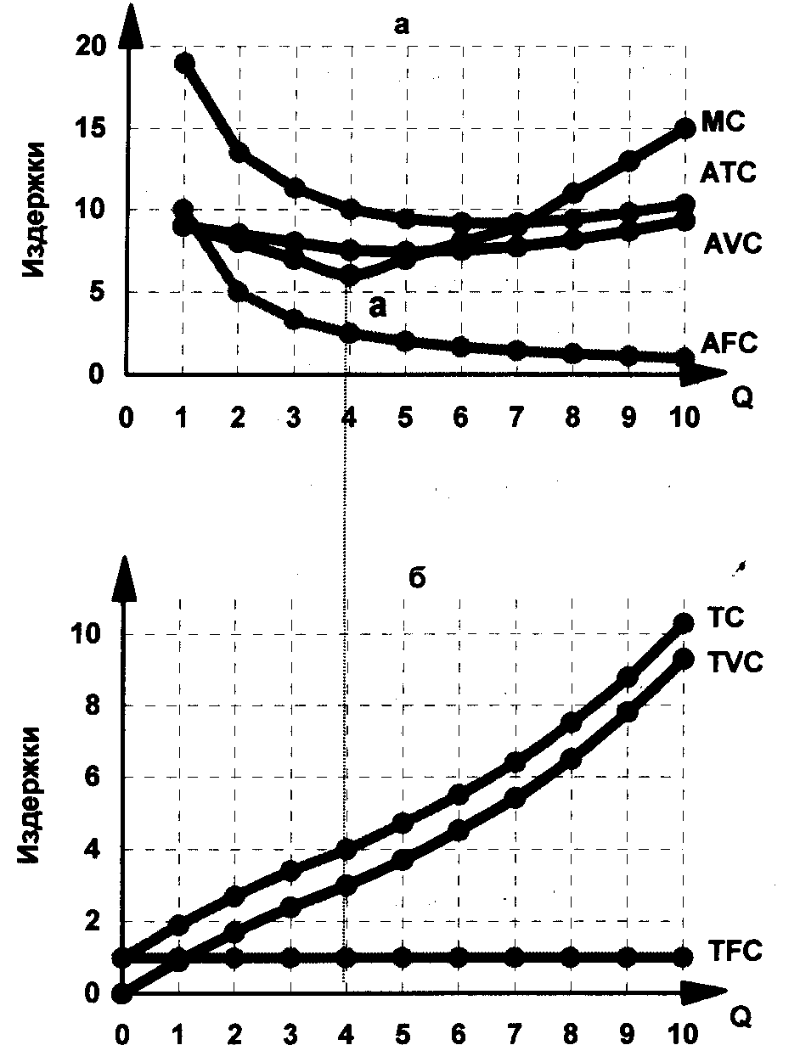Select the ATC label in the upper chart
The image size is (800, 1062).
728,174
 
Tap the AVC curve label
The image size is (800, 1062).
733,244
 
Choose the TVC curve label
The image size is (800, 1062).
733,661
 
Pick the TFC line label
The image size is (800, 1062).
733,951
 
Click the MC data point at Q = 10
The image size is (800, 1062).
685,127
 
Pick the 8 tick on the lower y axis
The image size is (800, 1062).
92,706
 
